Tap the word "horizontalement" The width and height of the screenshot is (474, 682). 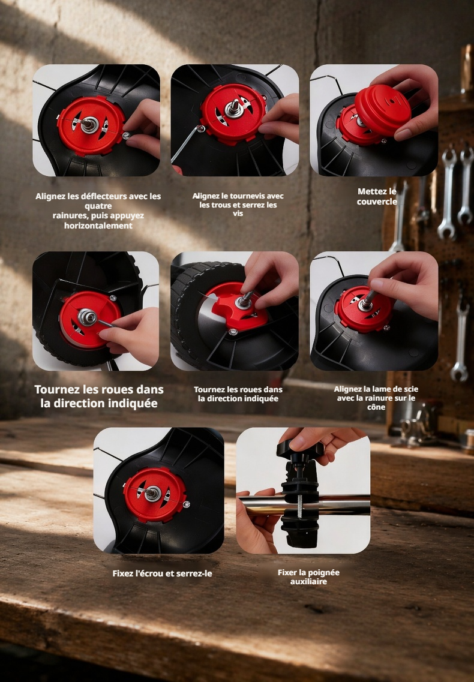click(98, 226)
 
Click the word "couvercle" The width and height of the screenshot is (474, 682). click(377, 202)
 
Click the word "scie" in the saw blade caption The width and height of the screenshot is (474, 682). click(410, 389)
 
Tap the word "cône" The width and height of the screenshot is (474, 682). click(376, 407)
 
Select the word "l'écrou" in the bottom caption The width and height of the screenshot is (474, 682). click(150, 573)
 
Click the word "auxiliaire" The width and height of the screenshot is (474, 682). click(308, 581)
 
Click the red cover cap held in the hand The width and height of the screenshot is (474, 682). click(382, 109)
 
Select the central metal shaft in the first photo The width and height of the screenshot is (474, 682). click(89, 124)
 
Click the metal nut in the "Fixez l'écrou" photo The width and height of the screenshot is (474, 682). click(153, 493)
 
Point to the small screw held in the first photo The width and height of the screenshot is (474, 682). click(126, 136)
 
